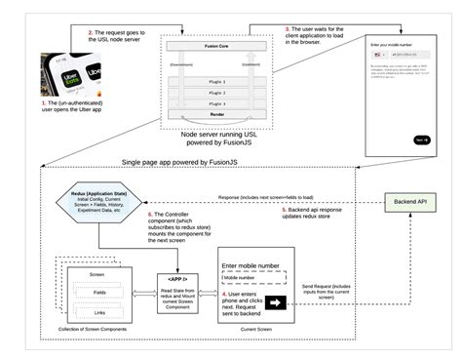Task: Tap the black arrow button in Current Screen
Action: (276, 303)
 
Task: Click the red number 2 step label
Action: (91, 34)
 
